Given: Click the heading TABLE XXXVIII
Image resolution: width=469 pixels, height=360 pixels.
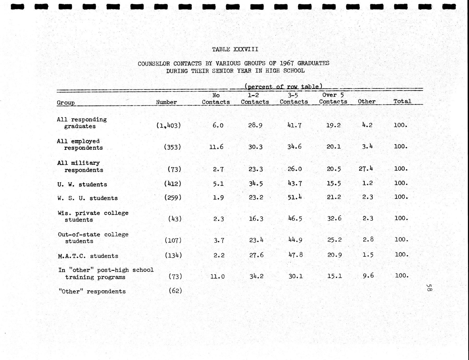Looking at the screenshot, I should pos(235,49).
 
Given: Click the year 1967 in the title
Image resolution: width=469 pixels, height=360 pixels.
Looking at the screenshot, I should pos(287,63).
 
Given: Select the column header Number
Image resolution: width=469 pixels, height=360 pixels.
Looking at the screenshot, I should pos(166,102).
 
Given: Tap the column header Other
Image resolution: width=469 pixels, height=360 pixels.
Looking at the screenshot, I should pos(367,101).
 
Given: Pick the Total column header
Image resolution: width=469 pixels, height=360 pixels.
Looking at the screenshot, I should pos(402,101).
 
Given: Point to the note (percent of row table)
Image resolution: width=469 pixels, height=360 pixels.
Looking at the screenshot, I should pos(283,86).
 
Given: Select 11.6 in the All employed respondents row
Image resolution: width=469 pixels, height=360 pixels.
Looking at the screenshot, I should pos(216,147).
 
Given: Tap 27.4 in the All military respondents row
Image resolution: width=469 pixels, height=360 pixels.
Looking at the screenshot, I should pos(366,169).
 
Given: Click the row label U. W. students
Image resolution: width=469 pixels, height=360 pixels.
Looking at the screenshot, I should pos(82,184).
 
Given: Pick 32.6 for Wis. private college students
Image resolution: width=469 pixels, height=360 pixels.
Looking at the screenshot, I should pos(334,218).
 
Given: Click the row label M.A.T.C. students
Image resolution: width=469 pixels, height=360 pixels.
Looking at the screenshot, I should pos(88,256).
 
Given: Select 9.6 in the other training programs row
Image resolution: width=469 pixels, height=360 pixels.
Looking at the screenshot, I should pos(368,275).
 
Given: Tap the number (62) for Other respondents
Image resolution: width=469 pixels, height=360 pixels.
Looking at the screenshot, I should pos(175,291).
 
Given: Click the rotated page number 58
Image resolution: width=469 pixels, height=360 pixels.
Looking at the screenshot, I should pos(429,288).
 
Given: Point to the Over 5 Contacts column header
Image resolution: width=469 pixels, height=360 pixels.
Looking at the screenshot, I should pos(333,98).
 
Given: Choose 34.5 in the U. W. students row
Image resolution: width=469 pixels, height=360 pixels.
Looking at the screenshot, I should pos(255,184).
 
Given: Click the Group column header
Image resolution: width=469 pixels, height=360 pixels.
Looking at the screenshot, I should pos(66,103).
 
